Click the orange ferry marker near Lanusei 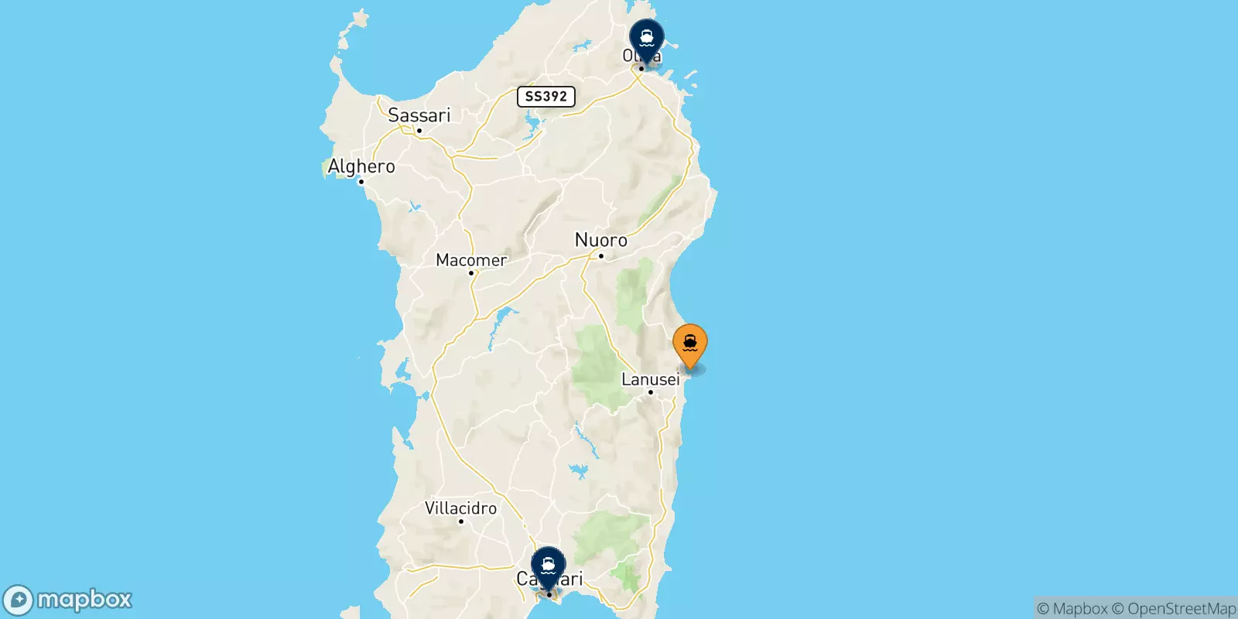pos(689,344)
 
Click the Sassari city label pos(419,115)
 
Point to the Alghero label pos(361,166)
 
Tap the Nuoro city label pos(601,240)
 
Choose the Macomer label pos(471,260)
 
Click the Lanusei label pos(651,379)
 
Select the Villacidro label pos(460,508)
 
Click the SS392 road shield pos(546,96)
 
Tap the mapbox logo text pos(84,600)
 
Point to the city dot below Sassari pos(419,131)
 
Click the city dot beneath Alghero pos(361,182)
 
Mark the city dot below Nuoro pos(600,256)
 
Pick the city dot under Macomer pos(470,273)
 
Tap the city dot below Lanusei pos(651,392)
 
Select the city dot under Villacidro pos(460,522)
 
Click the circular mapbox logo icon pos(18,600)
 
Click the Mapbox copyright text pos(1072,609)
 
